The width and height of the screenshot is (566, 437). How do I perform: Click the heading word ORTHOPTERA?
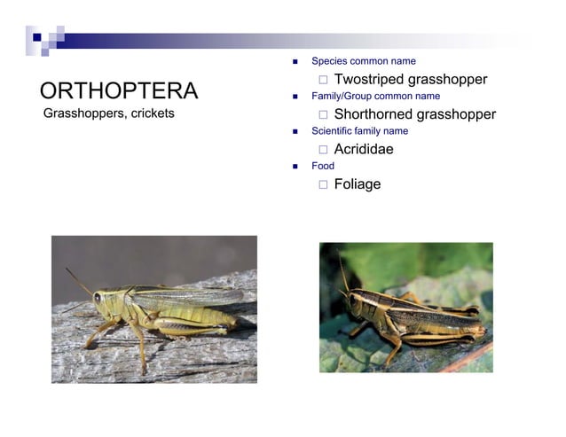click(x=119, y=90)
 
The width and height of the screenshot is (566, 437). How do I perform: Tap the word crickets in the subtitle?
click(x=153, y=113)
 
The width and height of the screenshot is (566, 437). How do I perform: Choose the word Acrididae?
click(x=364, y=149)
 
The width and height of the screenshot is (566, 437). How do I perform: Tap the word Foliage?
click(x=358, y=183)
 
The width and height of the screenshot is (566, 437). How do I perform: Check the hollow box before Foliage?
click(x=324, y=184)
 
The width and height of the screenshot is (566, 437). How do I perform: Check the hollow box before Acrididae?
click(x=324, y=150)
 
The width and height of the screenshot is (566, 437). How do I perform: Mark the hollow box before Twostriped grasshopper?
click(x=324, y=80)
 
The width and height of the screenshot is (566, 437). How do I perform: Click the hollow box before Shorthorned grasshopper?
click(x=324, y=114)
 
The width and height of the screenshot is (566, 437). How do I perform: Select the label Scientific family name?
click(x=359, y=130)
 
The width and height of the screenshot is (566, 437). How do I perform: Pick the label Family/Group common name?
click(x=375, y=96)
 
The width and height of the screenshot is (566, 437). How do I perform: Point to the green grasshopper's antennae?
click(x=79, y=283)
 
